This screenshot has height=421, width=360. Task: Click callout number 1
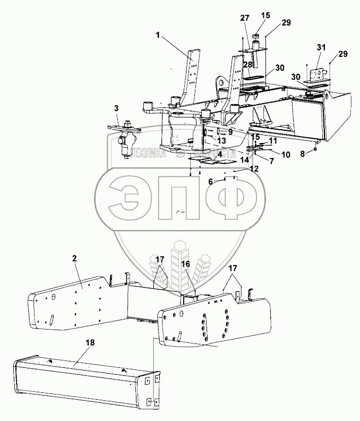pos(158,35)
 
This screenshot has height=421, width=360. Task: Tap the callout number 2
pos(75,258)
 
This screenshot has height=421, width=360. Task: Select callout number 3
pos(116,108)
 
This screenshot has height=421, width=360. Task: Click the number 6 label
pos(210,182)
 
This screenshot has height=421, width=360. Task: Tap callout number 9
pos(230,132)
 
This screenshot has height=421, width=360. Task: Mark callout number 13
pos(221,140)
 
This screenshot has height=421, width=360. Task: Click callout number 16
pos(186,263)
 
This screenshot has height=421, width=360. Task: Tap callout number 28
pos(247,64)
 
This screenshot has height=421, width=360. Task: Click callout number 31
pos(320,47)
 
